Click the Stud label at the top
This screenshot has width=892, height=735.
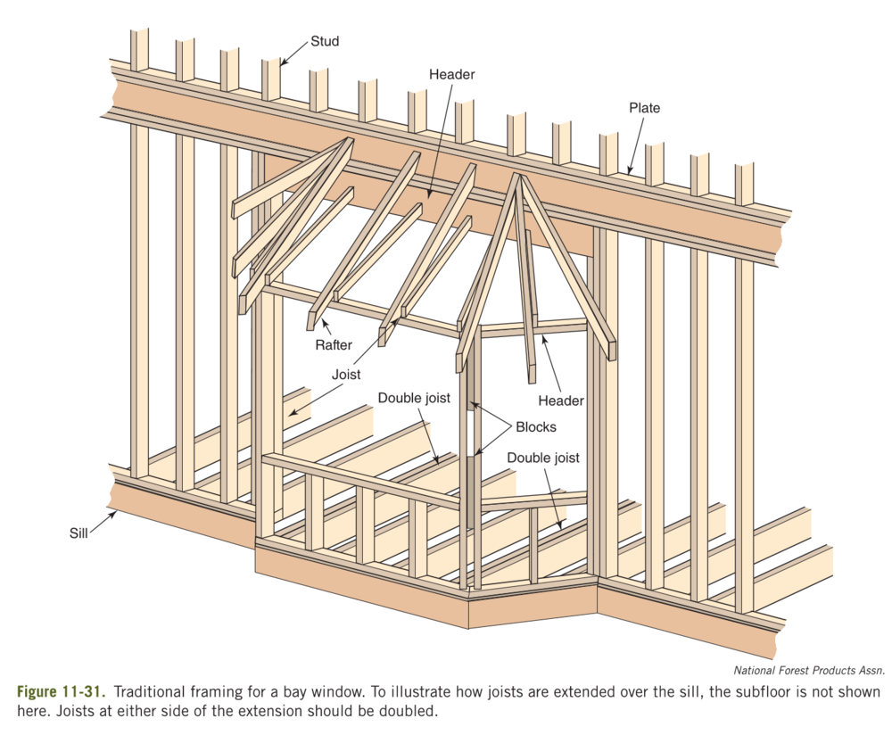pyautogui.click(x=325, y=41)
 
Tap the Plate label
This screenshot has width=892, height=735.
pyautogui.click(x=644, y=108)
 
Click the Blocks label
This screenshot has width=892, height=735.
pyautogui.click(x=534, y=426)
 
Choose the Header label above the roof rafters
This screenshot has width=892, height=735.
pyautogui.click(x=451, y=75)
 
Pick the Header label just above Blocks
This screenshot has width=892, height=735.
pyautogui.click(x=561, y=401)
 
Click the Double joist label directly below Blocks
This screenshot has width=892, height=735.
pyautogui.click(x=543, y=458)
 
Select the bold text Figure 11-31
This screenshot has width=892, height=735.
pyautogui.click(x=59, y=693)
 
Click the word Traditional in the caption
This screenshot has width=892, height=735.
pyautogui.click(x=148, y=693)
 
